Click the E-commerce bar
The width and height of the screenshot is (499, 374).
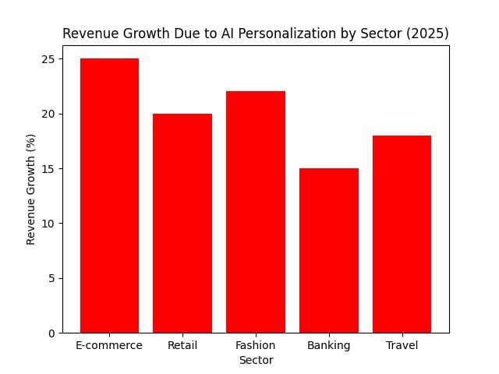pos(109,196)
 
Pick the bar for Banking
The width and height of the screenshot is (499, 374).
pos(328,250)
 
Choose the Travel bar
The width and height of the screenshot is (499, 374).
pos(402,234)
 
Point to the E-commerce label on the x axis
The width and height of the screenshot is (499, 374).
pos(109,345)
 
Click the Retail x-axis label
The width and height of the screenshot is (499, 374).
pos(182,345)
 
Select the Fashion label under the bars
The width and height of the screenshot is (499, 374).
pos(256,345)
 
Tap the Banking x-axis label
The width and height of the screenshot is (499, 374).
pos(328,345)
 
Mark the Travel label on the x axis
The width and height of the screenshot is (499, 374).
pos(402,345)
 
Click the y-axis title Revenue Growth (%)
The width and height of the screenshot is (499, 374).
pos(31,189)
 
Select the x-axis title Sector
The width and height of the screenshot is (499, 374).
pos(256,360)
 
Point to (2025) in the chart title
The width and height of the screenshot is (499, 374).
pos(428,34)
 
